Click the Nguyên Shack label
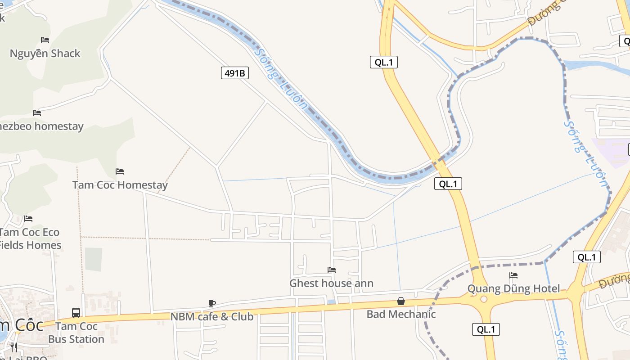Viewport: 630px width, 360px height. click(x=45, y=54)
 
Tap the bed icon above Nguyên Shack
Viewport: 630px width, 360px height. click(x=45, y=40)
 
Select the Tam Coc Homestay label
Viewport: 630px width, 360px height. click(x=120, y=185)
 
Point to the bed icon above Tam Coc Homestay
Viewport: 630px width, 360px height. click(x=120, y=171)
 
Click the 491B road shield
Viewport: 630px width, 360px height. click(x=235, y=73)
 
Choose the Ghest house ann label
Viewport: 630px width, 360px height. click(x=331, y=283)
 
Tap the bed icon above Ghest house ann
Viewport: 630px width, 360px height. click(x=332, y=270)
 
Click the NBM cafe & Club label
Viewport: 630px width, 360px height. click(x=211, y=316)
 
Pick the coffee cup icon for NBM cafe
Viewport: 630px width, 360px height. click(x=212, y=303)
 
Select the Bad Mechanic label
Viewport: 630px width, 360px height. click(x=401, y=314)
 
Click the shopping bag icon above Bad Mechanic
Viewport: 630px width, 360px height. click(x=401, y=301)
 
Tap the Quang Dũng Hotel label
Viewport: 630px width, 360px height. click(x=513, y=288)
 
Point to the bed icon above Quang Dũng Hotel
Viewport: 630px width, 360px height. click(x=513, y=275)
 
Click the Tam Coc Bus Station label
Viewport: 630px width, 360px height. click(x=76, y=333)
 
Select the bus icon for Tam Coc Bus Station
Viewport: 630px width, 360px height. click(x=76, y=312)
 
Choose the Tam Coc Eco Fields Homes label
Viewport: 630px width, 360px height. click(x=30, y=238)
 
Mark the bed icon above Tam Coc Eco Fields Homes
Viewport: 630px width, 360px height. click(x=28, y=219)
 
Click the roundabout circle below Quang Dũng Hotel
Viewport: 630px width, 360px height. click(x=484, y=299)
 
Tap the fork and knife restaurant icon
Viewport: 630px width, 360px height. click(x=14, y=347)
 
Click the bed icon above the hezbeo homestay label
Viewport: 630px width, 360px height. click(x=37, y=113)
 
